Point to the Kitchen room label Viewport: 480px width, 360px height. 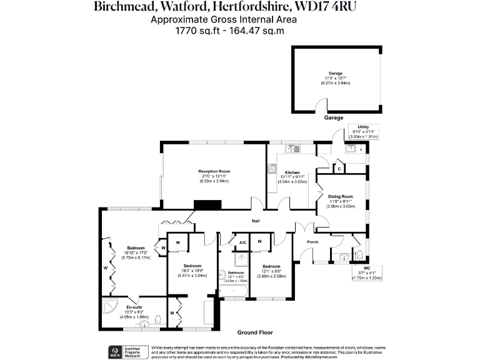(x=292, y=172)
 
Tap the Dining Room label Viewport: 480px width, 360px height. (x=341, y=197)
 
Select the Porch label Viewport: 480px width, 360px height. (x=312, y=242)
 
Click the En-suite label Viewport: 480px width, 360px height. (x=133, y=307)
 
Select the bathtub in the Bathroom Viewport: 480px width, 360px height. (x=234, y=289)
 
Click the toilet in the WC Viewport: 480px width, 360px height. (x=358, y=255)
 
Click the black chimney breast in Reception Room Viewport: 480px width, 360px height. (x=207, y=204)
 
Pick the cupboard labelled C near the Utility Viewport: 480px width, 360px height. (x=339, y=168)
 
